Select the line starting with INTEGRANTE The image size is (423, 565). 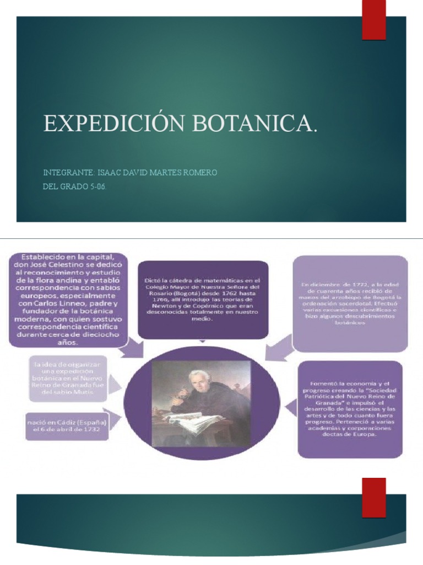point(130,173)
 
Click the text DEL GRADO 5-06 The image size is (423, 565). point(74,186)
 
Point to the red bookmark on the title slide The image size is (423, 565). point(373,20)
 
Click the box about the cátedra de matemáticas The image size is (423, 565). point(203,299)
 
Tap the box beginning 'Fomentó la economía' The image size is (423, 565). point(350,409)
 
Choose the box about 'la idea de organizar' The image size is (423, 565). point(68,378)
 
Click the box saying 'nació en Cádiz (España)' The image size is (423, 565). point(66,426)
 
